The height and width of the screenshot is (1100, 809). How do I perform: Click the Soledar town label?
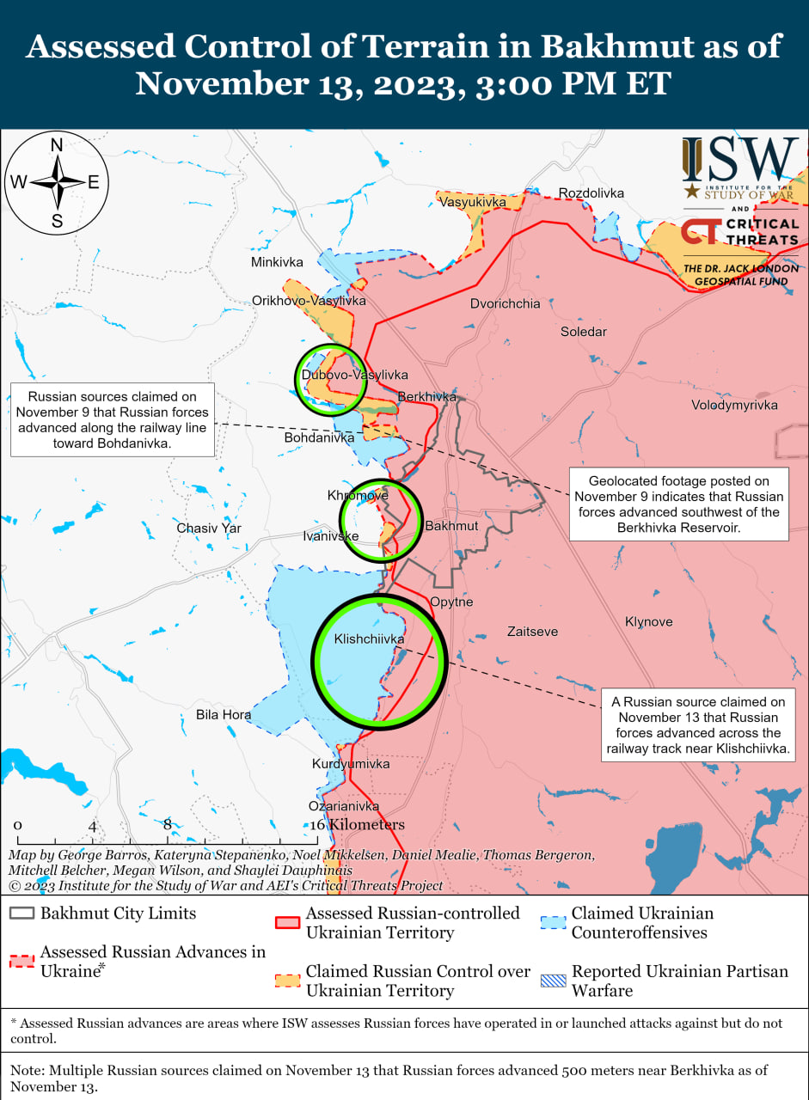point(584,332)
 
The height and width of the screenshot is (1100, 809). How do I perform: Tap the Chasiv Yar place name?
point(209,528)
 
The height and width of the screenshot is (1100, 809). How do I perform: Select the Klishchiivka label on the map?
point(369,639)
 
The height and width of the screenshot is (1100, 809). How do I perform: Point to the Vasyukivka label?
point(472,202)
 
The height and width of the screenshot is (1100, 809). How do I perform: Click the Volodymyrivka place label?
point(734,405)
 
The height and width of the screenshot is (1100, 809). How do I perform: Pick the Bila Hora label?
point(224,714)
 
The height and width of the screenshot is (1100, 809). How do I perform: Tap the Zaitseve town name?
point(532,632)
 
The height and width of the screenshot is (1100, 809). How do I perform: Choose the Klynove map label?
point(649,621)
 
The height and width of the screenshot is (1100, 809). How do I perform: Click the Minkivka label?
point(277,261)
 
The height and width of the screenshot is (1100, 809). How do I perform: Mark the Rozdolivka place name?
point(591,192)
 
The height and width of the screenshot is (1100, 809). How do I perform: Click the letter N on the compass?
point(57,145)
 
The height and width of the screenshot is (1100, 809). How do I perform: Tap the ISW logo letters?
point(740,161)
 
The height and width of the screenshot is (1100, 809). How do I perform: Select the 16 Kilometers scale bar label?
point(357,825)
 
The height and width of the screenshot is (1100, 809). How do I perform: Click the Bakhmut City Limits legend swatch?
point(23,914)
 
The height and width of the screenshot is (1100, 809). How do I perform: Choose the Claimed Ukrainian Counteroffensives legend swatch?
point(553,922)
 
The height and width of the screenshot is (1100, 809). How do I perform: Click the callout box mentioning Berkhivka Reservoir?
point(678,504)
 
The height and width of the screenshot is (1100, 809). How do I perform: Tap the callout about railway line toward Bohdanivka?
point(111,420)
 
